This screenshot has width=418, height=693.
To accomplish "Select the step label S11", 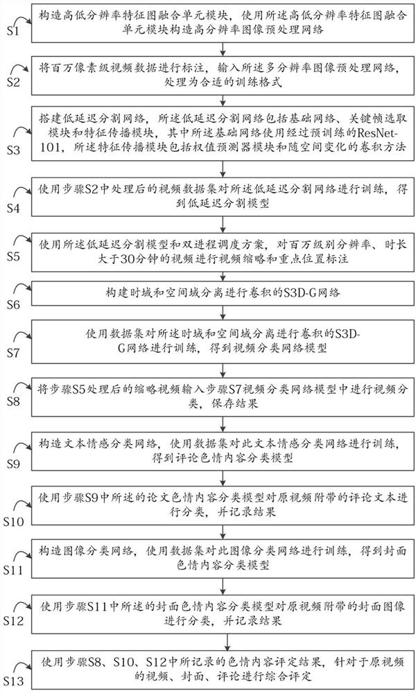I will click(15, 570).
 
